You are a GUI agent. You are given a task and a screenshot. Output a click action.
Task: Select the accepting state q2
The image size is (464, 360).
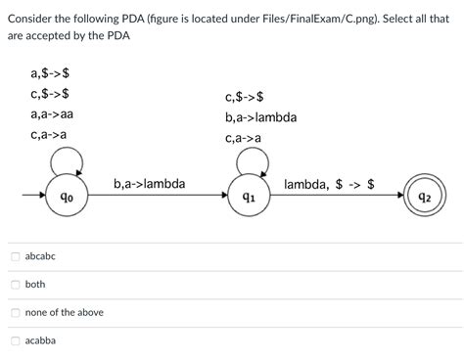click(425, 197)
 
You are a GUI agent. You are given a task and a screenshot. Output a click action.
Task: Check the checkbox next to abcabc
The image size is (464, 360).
click(15, 255)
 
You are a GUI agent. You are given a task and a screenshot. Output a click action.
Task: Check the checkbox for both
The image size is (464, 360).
click(15, 284)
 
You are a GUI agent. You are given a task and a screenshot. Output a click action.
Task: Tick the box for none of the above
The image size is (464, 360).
click(15, 312)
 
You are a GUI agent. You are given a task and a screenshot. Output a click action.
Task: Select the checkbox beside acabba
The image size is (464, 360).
click(15, 340)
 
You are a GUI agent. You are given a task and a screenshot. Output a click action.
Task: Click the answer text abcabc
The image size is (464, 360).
click(40, 255)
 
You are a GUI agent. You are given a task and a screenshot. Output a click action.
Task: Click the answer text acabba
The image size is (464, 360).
click(40, 340)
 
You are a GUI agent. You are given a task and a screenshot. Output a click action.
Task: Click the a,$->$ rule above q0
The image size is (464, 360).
click(50, 72)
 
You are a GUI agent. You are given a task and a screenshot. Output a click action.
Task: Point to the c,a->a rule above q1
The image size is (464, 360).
click(243, 138)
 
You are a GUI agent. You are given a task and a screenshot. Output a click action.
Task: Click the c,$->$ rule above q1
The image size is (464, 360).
click(244, 97)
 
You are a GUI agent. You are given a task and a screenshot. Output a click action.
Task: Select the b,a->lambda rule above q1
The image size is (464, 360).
click(260, 117)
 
